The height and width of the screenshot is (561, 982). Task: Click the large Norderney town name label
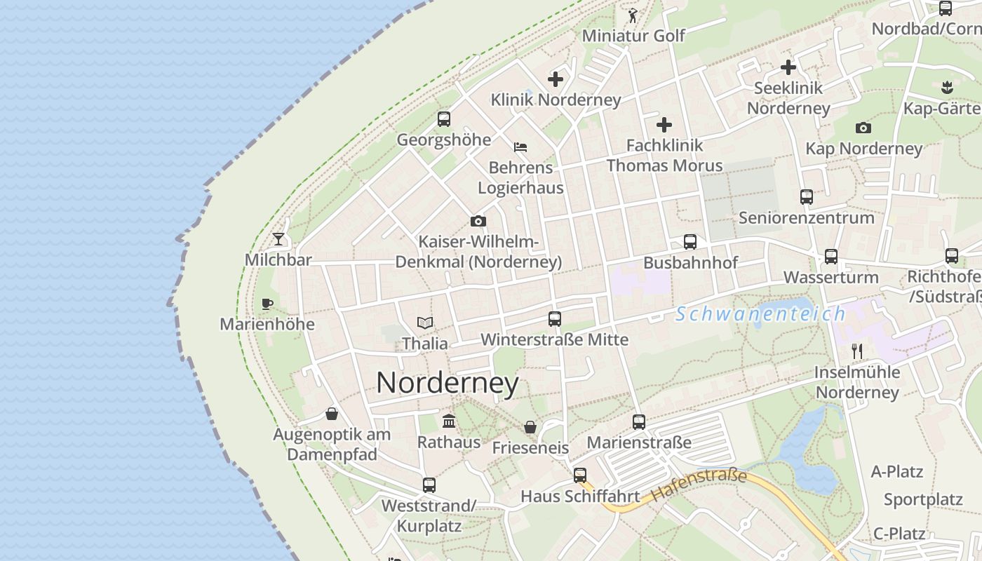point(448,384)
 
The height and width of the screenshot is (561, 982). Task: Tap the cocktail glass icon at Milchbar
point(279,238)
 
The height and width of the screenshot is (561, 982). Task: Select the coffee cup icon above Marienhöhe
point(267,304)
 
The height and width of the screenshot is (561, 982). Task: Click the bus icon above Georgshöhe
point(444,119)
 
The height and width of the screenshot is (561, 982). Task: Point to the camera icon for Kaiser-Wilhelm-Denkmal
point(478,222)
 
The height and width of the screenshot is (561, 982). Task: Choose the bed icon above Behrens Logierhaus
point(520,147)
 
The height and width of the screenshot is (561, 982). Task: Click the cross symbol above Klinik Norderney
point(556,79)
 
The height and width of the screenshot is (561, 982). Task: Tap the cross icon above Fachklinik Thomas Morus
point(664,126)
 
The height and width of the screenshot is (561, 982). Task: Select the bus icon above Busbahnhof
point(690,242)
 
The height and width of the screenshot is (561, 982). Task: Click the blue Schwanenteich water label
point(760,314)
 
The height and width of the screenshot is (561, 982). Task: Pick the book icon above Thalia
point(425,323)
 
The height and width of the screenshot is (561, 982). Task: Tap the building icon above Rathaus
point(449,421)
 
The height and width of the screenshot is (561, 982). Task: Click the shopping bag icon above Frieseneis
point(530,427)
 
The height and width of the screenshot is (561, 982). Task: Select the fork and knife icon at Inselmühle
point(856,351)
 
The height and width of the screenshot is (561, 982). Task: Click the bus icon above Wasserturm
point(831,257)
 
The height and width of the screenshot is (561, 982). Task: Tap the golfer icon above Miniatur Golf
point(633,15)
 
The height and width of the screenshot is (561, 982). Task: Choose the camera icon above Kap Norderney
point(863,128)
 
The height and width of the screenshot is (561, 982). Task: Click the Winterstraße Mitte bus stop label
point(554,340)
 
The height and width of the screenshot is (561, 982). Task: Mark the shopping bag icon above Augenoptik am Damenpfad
point(332,414)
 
